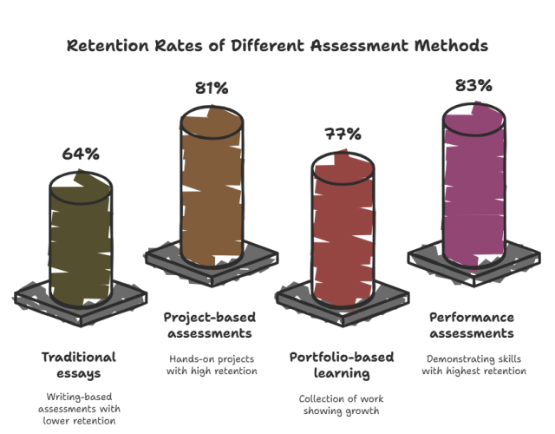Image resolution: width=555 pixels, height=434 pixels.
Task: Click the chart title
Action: pos(277,44)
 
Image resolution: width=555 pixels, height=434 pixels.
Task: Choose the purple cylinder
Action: pos(473,187)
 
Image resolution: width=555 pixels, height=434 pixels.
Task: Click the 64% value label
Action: pos(81,154)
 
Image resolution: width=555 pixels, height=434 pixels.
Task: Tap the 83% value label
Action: pos(473,85)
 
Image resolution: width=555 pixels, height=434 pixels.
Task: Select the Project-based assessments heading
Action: pos(208,325)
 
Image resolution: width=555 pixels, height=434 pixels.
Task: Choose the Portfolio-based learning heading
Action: pos(341,365)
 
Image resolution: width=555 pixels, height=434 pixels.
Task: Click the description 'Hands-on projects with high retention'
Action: pos(208,365)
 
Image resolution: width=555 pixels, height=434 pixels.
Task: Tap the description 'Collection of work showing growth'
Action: pos(341,405)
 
